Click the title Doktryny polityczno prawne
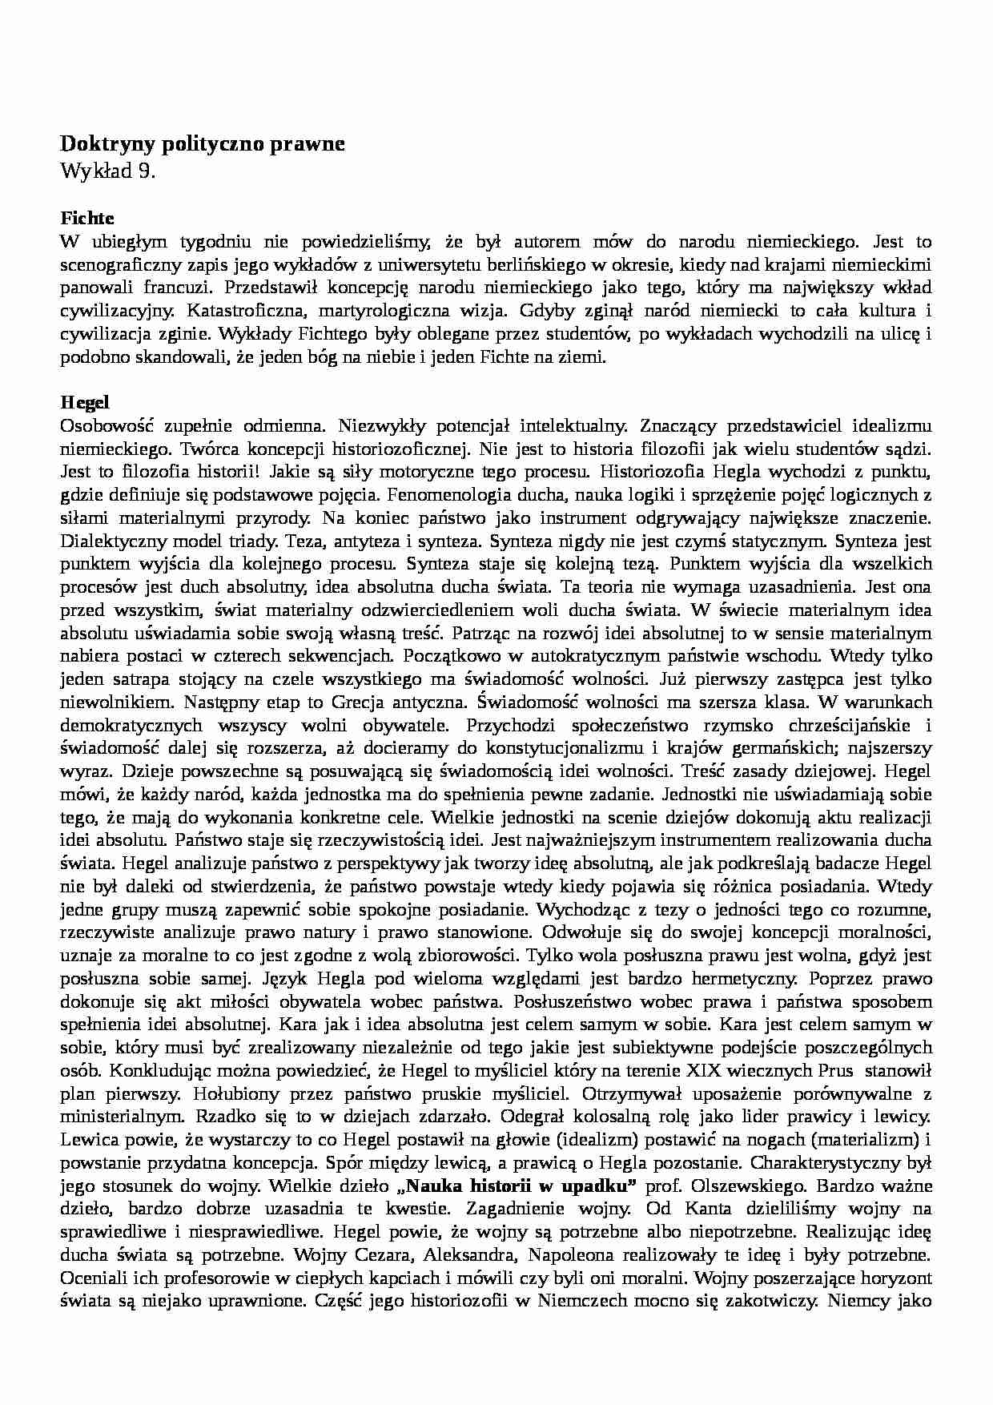pyautogui.click(x=203, y=144)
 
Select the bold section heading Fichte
pyautogui.click(x=87, y=218)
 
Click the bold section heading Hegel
pyautogui.click(x=84, y=402)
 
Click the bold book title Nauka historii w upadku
pyautogui.click(x=515, y=1186)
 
